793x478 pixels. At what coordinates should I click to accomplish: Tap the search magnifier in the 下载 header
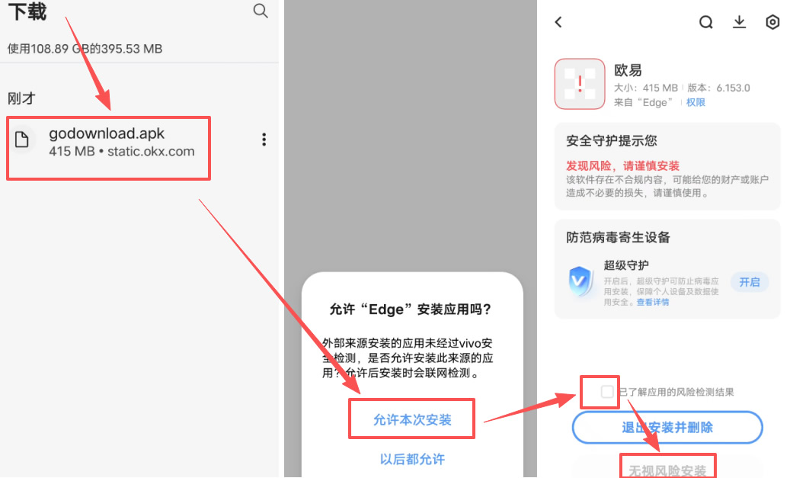tap(261, 11)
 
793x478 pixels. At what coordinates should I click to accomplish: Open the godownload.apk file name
tap(107, 133)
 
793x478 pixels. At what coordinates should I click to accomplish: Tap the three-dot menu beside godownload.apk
tap(264, 140)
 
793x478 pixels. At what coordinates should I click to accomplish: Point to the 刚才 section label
tap(21, 98)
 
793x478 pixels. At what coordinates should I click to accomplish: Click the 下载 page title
tap(27, 11)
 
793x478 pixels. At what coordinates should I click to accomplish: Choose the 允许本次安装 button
tap(412, 419)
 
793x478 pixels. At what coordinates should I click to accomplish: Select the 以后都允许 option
tap(412, 459)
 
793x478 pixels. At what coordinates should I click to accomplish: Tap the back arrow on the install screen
tap(558, 22)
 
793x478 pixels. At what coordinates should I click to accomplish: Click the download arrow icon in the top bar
tap(739, 22)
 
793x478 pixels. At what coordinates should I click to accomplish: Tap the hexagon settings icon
tap(772, 22)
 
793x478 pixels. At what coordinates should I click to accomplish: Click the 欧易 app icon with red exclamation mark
tap(580, 84)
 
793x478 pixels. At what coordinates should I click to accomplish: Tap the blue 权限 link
tap(695, 102)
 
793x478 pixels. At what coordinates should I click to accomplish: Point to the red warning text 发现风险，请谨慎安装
tap(622, 165)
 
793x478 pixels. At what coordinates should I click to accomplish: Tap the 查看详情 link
tap(653, 302)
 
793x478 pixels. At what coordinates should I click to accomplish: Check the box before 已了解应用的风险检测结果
tap(606, 392)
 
